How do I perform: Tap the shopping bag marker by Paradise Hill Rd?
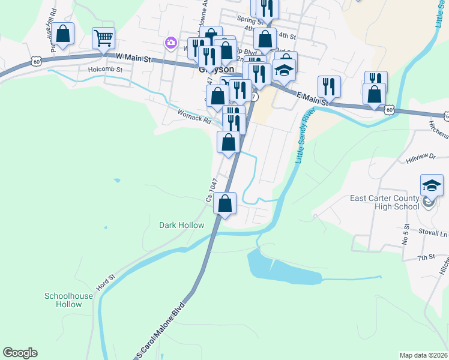pyautogui.click(x=62, y=34)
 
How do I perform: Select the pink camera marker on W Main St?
pyautogui.click(x=171, y=43)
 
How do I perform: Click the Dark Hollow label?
pyautogui.click(x=181, y=226)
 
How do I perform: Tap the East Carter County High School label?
pyautogui.click(x=385, y=203)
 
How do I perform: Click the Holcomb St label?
pyautogui.click(x=105, y=69)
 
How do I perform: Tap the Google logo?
pyautogui.click(x=20, y=353)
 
